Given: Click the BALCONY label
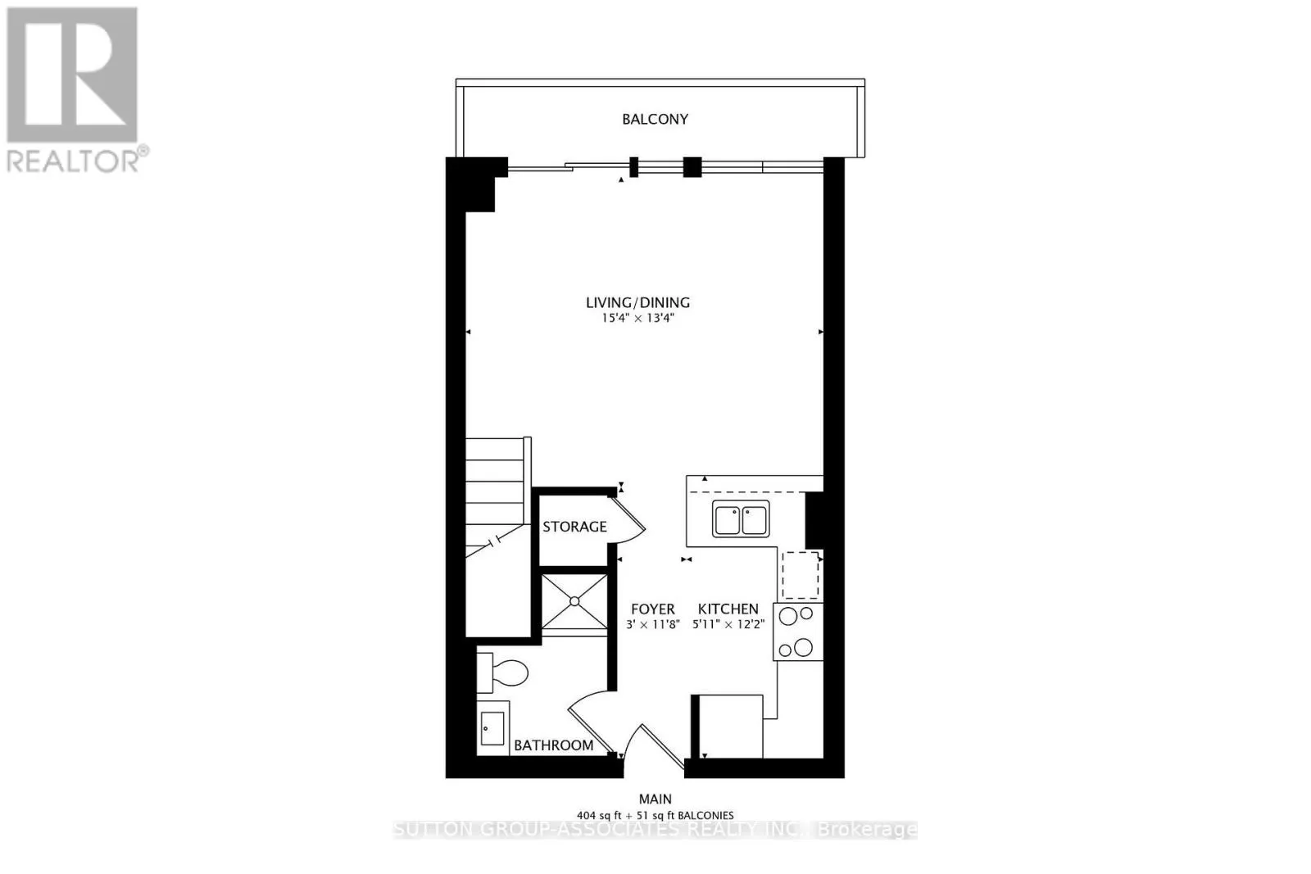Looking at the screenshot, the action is pos(655,120).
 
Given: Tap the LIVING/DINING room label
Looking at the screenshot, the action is pos(638,302).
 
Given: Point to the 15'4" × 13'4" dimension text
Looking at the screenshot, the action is pos(638,319).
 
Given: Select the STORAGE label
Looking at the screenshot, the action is pos(574,527).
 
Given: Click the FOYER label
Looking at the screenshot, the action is pos(652,609).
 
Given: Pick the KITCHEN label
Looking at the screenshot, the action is pos(728,609).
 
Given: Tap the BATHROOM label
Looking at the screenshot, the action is pos(554,745).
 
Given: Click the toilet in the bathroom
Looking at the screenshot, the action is pos(503,672).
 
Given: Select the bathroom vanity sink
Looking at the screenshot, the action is pos(492,728).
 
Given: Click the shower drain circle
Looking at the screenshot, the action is pos(574,601).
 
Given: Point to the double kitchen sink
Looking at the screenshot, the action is pos(741,519).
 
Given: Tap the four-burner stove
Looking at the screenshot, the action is pos(798,632).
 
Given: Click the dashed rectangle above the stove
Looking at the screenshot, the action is pos(800,575).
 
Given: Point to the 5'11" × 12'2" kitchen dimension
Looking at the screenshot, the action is pos(728,625).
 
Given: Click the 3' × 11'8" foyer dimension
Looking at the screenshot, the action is pos(652,625).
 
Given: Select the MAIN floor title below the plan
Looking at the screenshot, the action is pos(655,799).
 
